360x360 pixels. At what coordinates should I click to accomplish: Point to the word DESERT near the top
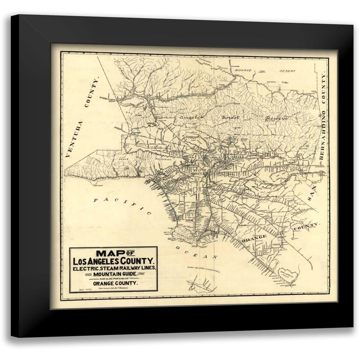pos(287,71)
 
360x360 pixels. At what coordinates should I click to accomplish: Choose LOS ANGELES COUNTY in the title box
pos(114,261)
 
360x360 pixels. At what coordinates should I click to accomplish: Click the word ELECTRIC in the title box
pos(86,268)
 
